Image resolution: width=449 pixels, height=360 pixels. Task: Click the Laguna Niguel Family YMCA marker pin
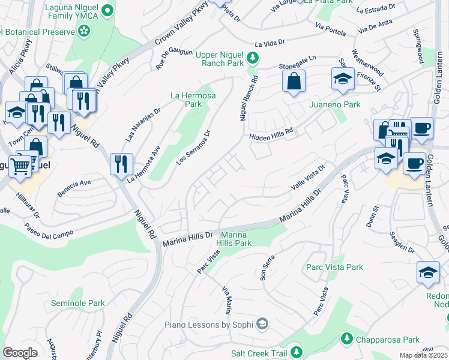[x=107, y=10]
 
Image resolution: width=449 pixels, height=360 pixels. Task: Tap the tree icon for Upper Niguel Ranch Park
[x=253, y=58]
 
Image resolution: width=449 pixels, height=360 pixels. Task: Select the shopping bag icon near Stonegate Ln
[x=294, y=82]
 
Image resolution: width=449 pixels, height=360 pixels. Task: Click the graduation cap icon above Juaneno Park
[x=343, y=79]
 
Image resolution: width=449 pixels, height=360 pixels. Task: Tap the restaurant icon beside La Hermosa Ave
[x=122, y=163]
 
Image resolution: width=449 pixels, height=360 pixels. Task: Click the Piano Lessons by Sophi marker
[x=262, y=325]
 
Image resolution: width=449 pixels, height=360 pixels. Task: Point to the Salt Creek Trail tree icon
[x=295, y=352]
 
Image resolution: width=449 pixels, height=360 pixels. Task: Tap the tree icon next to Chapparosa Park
[x=346, y=340]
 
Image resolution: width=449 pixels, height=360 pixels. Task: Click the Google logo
[x=20, y=353]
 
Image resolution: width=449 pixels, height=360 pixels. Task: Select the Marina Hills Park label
[x=237, y=239]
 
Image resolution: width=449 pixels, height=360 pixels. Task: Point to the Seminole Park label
[x=78, y=304]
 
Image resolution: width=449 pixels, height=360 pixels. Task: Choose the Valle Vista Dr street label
[x=307, y=178]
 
